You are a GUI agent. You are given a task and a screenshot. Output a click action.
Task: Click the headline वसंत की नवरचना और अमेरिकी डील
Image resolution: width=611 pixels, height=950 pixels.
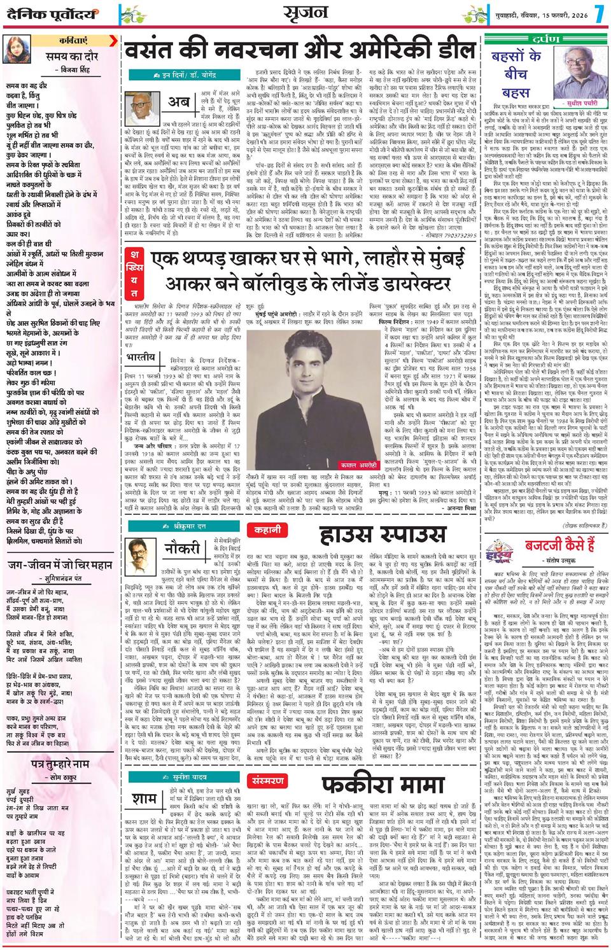298,50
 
